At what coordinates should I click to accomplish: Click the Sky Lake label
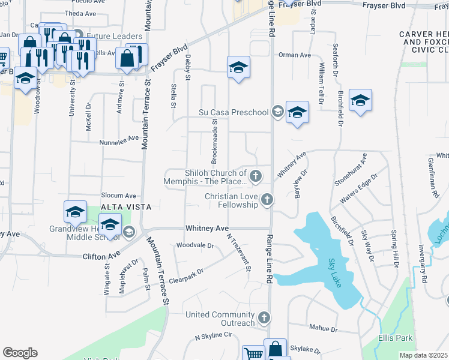336,273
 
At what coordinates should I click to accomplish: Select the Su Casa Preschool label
234,112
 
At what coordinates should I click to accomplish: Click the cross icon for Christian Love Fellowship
267,200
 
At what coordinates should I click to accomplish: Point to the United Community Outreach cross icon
263,317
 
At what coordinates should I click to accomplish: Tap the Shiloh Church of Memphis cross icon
256,176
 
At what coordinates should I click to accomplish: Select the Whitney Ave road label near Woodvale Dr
207,229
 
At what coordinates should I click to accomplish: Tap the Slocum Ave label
119,196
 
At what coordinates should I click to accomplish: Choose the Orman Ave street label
294,55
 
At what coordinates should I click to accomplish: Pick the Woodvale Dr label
195,245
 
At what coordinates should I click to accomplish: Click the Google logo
20,353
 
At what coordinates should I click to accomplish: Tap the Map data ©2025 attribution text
423,355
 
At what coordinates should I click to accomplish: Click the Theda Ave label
80,13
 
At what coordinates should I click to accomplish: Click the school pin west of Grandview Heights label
76,212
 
